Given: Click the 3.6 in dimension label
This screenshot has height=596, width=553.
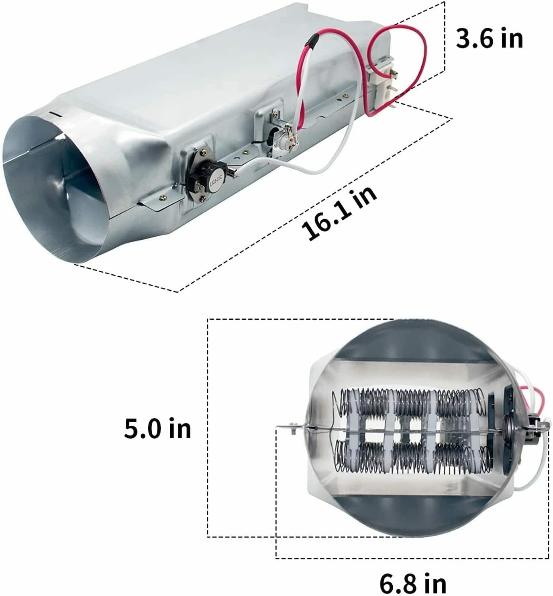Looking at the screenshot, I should (489, 39).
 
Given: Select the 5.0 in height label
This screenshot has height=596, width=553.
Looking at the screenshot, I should (157, 429).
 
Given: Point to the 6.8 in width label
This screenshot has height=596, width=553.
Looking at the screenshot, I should (413, 582).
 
